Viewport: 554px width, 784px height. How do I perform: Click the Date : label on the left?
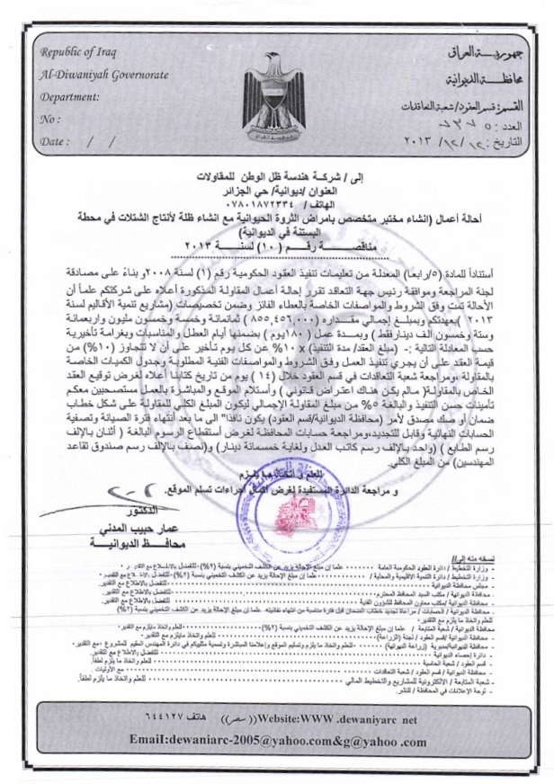pos(56,141)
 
